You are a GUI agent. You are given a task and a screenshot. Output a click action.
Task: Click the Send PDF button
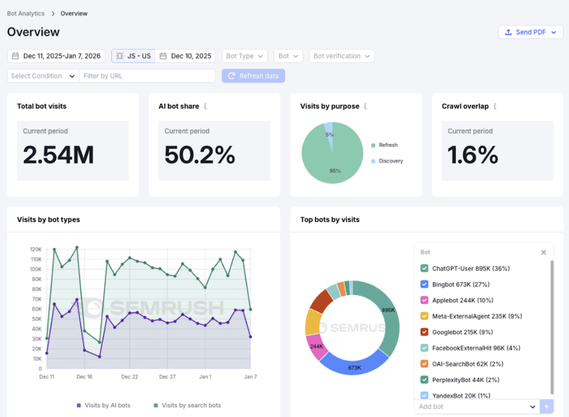click(531, 32)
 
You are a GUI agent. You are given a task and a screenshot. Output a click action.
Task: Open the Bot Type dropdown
click(244, 56)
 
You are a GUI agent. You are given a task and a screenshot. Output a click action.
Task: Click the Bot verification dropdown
click(341, 56)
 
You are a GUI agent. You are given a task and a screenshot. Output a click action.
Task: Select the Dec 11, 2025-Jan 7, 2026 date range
click(56, 56)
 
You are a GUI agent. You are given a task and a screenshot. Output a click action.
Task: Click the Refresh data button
click(253, 76)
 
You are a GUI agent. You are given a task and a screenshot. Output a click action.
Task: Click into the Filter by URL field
click(147, 76)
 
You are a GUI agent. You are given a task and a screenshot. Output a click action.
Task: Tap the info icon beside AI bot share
click(205, 106)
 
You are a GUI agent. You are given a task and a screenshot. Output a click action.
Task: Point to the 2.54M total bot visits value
click(58, 155)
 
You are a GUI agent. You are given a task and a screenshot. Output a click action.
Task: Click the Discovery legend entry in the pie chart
click(390, 161)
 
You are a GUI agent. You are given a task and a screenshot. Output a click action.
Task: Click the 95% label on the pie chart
click(335, 171)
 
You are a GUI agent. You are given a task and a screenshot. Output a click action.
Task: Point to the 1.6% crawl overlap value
click(472, 155)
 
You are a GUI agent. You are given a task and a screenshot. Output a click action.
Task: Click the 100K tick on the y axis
click(36, 269)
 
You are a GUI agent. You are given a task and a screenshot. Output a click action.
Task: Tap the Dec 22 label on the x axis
click(129, 376)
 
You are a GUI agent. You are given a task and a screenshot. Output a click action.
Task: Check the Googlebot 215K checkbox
click(424, 332)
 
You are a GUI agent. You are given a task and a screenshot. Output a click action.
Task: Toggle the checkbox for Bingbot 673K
click(424, 284)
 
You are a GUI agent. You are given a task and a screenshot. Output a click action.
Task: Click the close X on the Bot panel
click(543, 252)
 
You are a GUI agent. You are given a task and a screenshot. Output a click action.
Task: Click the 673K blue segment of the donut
click(354, 366)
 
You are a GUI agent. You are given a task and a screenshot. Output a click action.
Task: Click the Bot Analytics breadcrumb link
click(26, 14)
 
